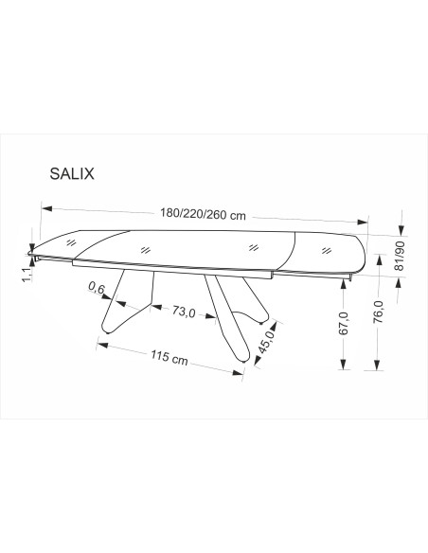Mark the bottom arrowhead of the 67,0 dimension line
pos(343,364)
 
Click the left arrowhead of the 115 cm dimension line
pos(98,346)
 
